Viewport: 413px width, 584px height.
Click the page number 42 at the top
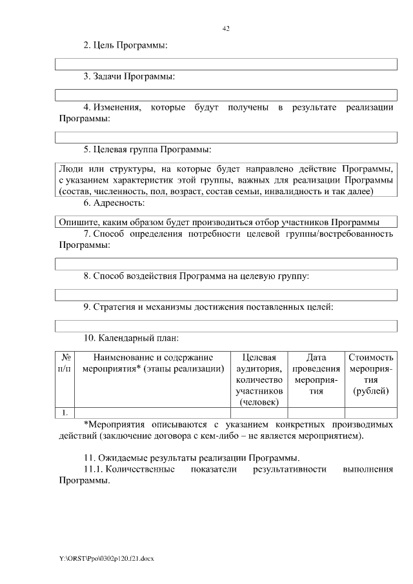tap(226, 28)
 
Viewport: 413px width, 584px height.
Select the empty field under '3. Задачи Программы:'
tap(226, 96)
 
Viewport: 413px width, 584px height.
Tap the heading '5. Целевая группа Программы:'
tap(147, 150)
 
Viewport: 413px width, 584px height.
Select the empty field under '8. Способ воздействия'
tap(226, 294)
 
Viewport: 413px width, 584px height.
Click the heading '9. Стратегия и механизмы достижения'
tap(208, 307)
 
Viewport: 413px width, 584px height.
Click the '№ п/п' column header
tap(65, 363)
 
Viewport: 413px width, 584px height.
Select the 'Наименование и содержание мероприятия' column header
tap(153, 363)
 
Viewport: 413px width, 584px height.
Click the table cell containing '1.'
tap(65, 412)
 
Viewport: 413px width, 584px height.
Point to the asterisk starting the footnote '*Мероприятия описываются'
tap(86, 425)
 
